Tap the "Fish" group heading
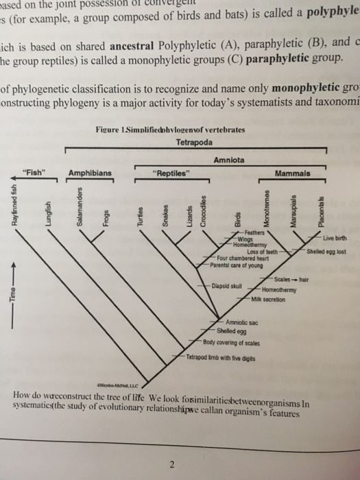(35, 173)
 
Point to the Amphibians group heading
(90, 173)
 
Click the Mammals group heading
(292, 173)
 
